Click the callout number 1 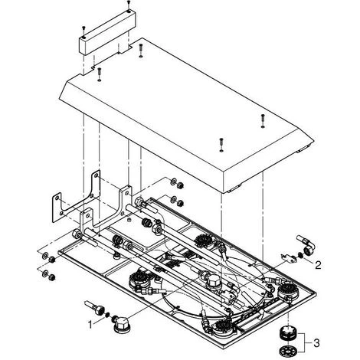(x=90, y=325)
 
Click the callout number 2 (x=318, y=265)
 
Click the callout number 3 (x=316, y=343)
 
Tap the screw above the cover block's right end (x=129, y=4)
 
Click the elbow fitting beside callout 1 (x=121, y=324)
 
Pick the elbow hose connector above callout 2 (x=306, y=245)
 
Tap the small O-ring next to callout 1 (x=107, y=315)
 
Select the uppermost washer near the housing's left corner (x=173, y=182)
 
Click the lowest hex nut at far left (x=52, y=277)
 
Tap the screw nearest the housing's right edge (x=263, y=120)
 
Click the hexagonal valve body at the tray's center (x=214, y=281)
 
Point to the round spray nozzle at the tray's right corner (x=286, y=292)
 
